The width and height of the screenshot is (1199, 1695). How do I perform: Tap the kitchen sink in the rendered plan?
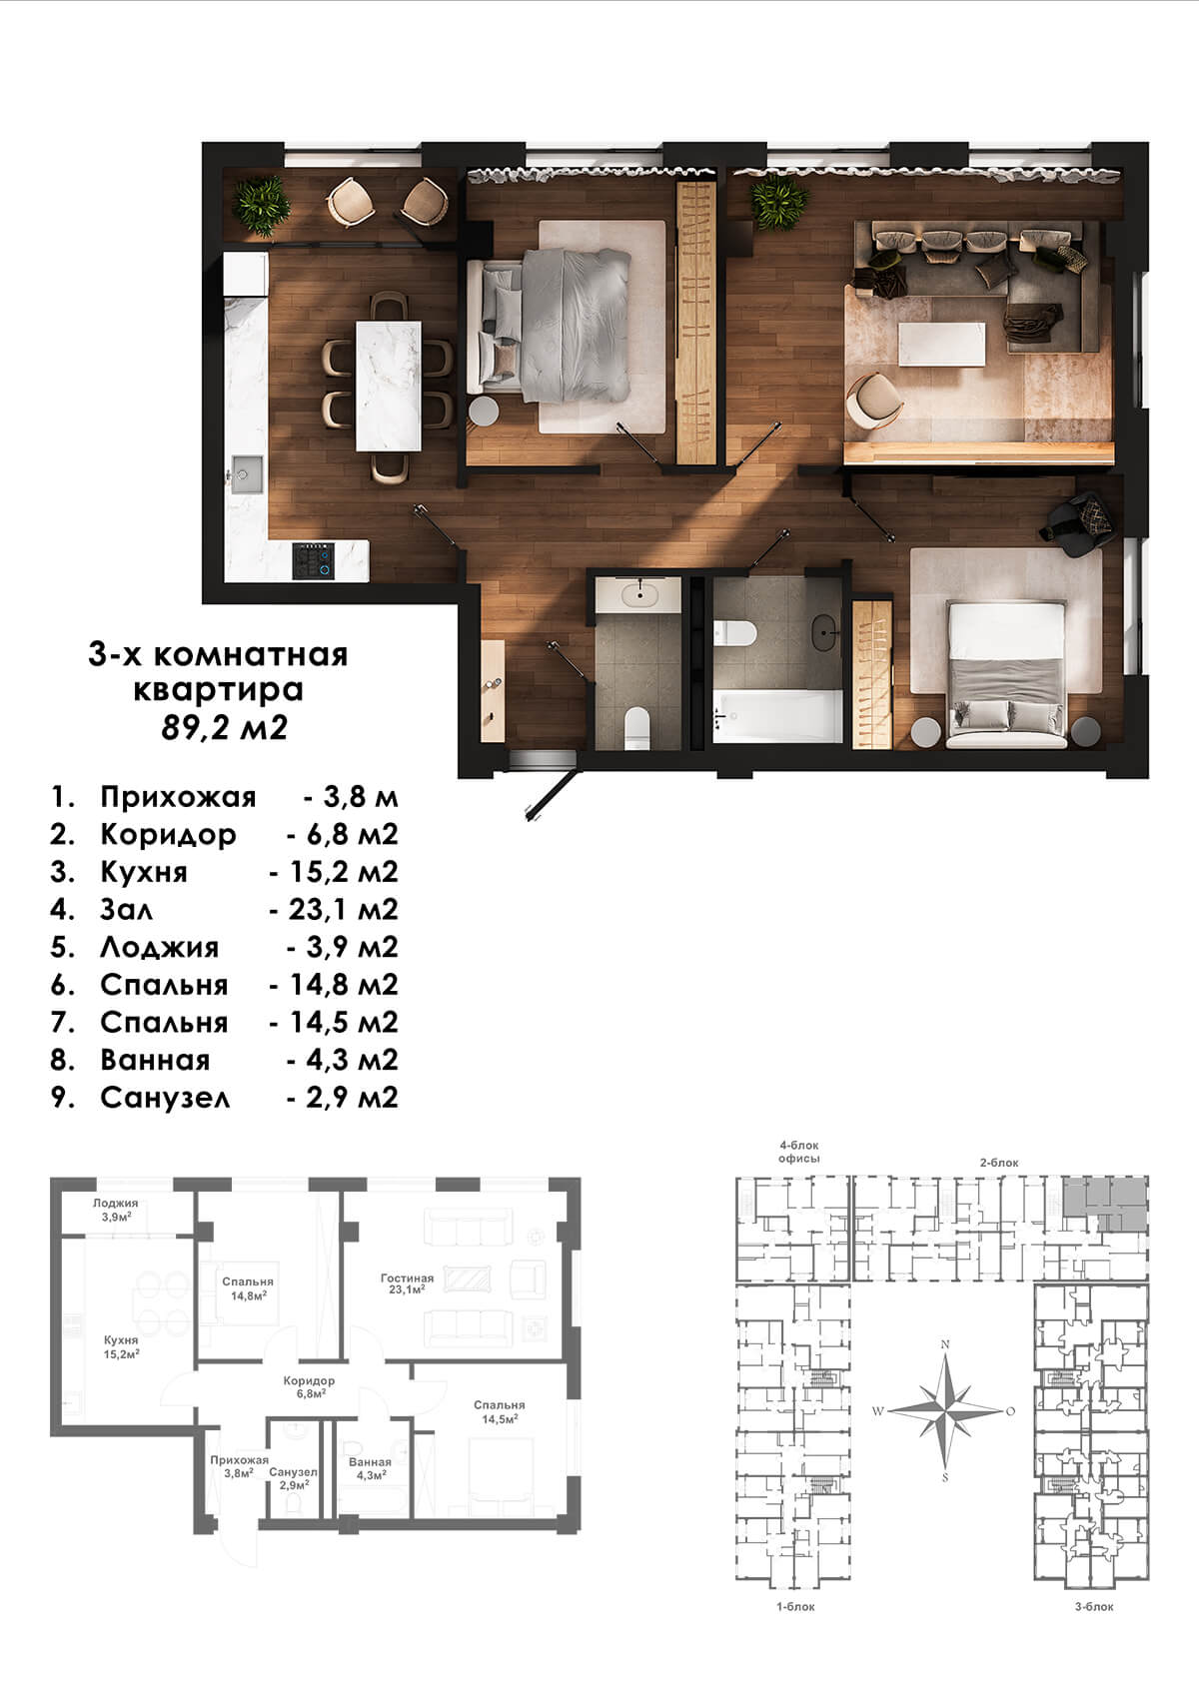pyautogui.click(x=246, y=474)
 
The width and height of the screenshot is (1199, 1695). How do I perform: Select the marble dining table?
pyautogui.click(x=389, y=386)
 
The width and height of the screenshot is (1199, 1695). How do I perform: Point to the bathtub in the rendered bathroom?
pyautogui.click(x=778, y=715)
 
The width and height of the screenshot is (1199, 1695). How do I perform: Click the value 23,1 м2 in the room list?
pyautogui.click(x=343, y=909)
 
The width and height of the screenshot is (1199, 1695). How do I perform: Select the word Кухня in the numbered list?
pyautogui.click(x=144, y=873)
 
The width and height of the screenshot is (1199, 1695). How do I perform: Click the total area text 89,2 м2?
pyautogui.click(x=225, y=728)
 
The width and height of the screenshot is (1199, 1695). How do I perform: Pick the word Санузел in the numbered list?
pyautogui.click(x=165, y=1098)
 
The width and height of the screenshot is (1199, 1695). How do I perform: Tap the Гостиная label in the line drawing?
pyautogui.click(x=408, y=1278)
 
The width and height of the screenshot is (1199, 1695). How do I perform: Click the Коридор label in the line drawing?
pyautogui.click(x=309, y=1380)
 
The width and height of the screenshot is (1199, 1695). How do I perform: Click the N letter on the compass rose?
pyautogui.click(x=944, y=1343)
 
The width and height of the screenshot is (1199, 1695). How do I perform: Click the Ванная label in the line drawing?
pyautogui.click(x=370, y=1462)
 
